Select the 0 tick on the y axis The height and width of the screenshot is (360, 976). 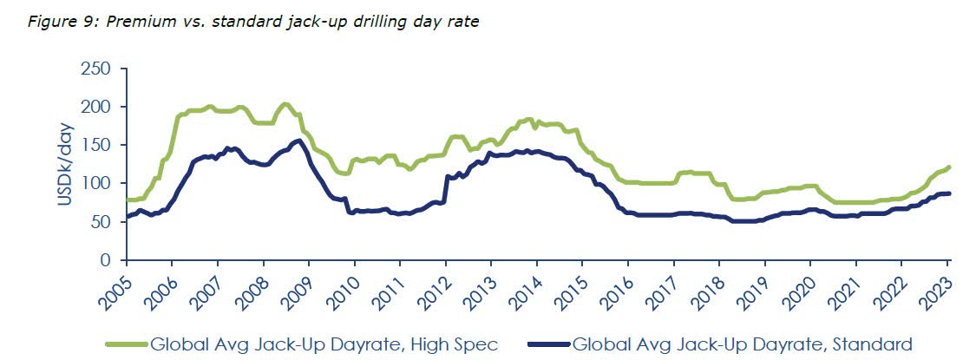(104, 259)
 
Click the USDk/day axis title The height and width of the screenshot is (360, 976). (66, 164)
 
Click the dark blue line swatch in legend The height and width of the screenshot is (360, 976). (548, 344)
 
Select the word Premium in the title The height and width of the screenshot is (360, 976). (138, 22)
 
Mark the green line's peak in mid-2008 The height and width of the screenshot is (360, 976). (285, 104)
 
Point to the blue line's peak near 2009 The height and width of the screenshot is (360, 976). (298, 141)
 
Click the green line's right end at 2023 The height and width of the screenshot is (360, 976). (949, 167)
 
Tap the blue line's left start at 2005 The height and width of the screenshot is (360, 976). (128, 216)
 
